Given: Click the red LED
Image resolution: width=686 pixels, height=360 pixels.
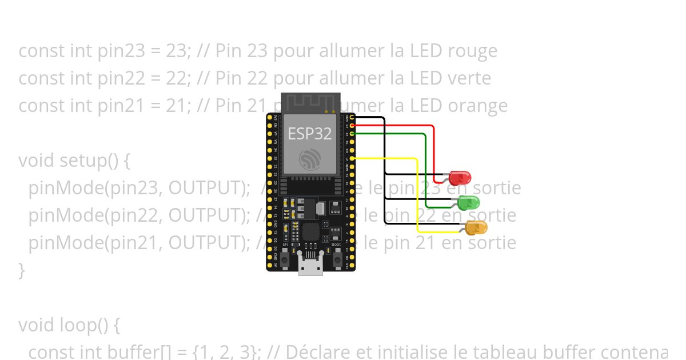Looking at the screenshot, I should pos(460,177).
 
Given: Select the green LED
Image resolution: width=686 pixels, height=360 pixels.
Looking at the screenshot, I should pos(469,202).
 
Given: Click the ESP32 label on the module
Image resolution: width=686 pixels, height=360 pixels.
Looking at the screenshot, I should pos(309,134).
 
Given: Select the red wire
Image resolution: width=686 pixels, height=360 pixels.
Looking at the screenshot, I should pos(434,149).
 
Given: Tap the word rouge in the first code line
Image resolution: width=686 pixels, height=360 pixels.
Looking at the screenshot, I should pos(473,51).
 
